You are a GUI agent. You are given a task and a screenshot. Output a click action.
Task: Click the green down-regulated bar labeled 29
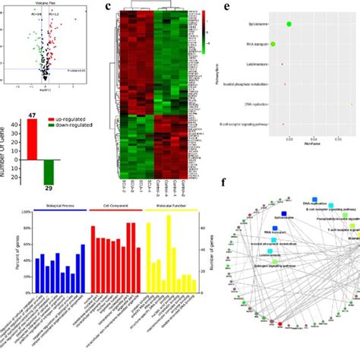[49, 170]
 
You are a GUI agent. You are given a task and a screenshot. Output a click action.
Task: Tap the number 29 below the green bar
[49, 187]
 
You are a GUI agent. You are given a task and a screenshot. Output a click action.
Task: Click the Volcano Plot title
[46, 4]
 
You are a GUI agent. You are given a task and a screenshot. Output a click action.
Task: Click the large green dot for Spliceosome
[289, 24]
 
